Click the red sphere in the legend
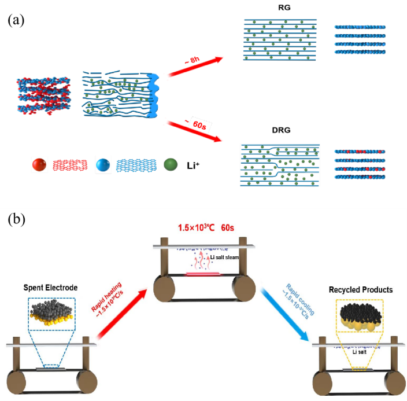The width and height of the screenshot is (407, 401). [x=39, y=165]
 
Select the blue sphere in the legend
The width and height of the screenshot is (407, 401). [x=103, y=165]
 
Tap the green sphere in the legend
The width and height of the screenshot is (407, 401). [x=171, y=165]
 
